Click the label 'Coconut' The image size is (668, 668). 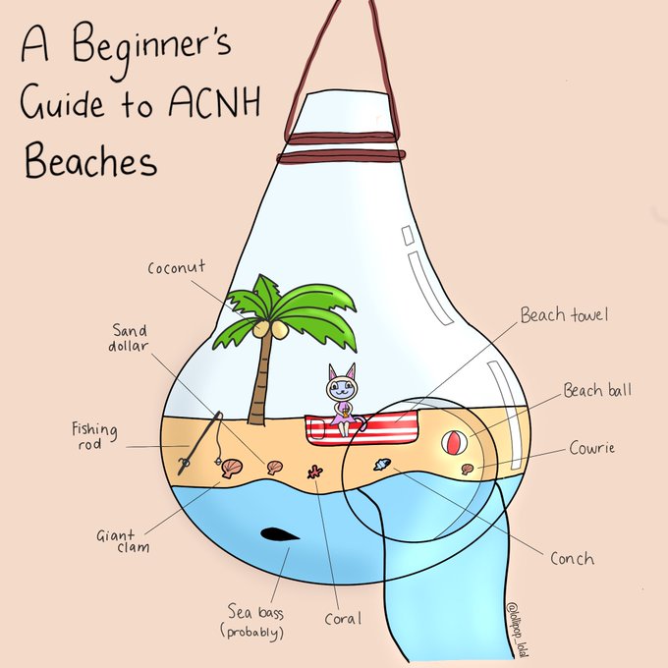(177, 268)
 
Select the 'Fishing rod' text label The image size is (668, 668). (95, 436)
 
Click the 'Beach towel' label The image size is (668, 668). (565, 315)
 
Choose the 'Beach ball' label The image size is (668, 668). (597, 391)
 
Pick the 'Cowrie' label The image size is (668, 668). (592, 449)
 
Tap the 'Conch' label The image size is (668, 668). (572, 558)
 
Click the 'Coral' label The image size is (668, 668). (343, 619)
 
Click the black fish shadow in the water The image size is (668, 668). (280, 534)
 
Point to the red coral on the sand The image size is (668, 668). (316, 472)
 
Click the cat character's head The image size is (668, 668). (342, 384)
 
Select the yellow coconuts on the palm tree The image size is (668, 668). (271, 330)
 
